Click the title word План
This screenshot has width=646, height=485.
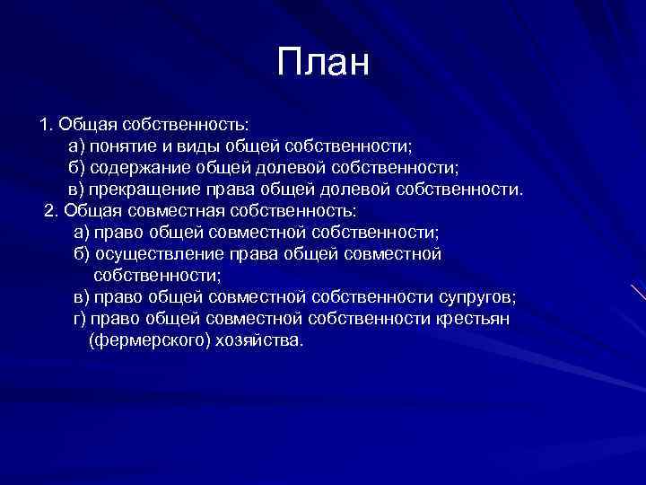[x=323, y=63]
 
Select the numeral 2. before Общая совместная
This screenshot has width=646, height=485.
[x=50, y=210]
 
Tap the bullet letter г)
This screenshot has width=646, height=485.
[x=81, y=320]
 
